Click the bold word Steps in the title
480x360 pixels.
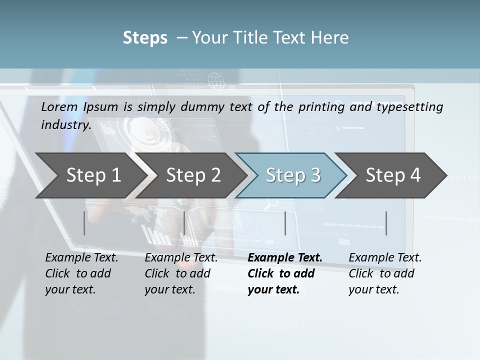[x=145, y=38]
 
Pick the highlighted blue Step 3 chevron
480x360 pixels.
[x=293, y=175]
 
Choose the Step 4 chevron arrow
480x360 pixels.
[x=393, y=175]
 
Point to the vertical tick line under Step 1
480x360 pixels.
[x=84, y=223]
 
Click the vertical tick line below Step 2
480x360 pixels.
[x=184, y=223]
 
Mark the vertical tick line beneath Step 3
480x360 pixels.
[x=285, y=223]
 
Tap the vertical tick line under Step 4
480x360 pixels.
[x=386, y=223]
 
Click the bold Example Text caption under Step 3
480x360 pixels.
[x=284, y=273]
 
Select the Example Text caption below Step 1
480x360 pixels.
[x=81, y=273]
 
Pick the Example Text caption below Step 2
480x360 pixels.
[x=181, y=273]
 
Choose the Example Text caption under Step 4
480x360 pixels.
[x=385, y=273]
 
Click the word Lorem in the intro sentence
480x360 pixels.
[x=59, y=107]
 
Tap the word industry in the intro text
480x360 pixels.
[x=65, y=124]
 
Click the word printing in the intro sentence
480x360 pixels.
[x=321, y=107]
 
